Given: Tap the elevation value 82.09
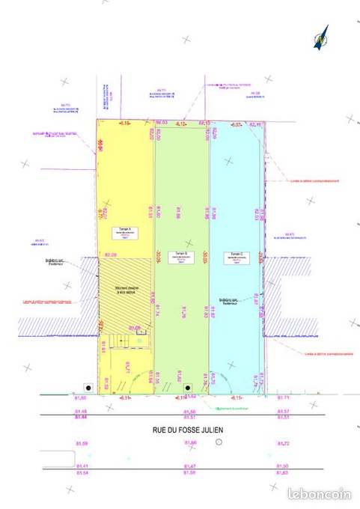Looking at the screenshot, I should [x=111, y=255].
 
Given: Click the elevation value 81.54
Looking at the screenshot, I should [x=82, y=473].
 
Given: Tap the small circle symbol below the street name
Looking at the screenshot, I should [x=219, y=442].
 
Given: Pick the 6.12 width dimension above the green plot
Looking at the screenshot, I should [x=180, y=123].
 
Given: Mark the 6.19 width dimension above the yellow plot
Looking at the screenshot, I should [x=125, y=123].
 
